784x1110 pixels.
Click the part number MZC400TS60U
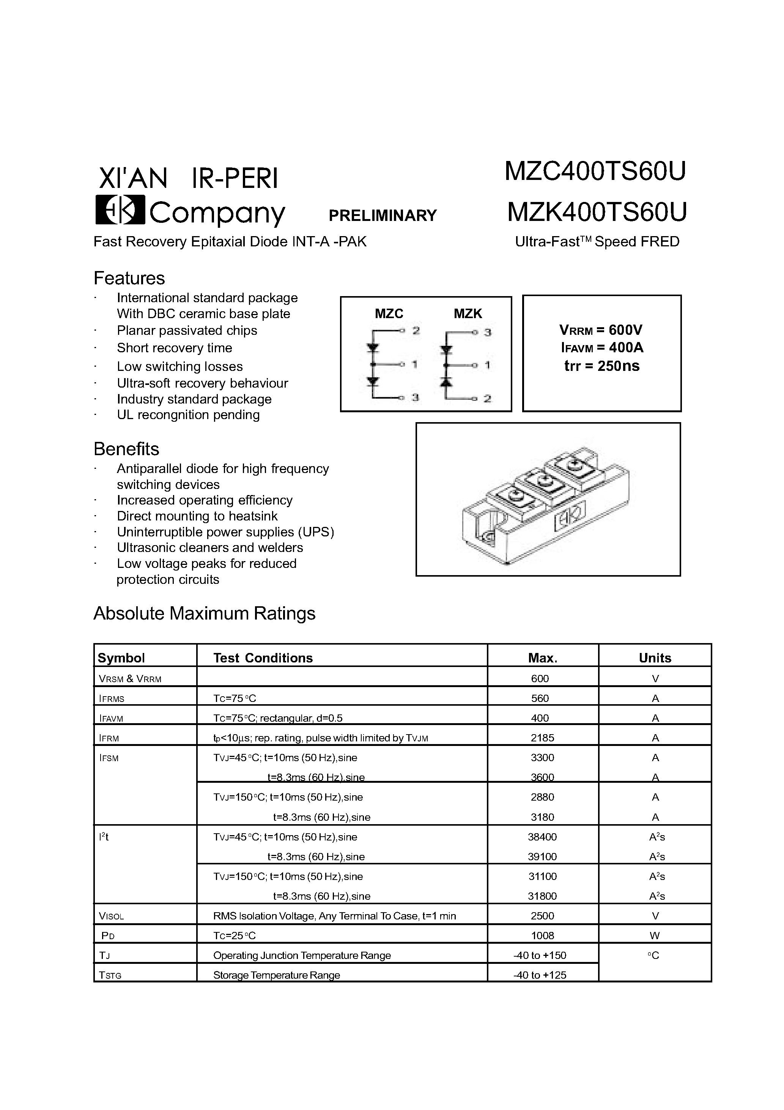click(595, 171)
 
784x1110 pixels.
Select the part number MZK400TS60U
click(597, 212)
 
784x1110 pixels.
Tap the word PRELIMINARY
click(383, 216)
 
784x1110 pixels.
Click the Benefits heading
click(126, 449)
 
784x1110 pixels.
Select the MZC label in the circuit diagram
click(389, 314)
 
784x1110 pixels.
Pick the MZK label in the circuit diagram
click(468, 314)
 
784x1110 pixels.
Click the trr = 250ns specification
click(602, 366)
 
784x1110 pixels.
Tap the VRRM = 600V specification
click(601, 330)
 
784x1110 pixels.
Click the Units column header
click(655, 658)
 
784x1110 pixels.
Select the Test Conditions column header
click(263, 658)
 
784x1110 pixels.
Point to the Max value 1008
click(542, 935)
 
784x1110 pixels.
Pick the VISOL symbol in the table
click(111, 916)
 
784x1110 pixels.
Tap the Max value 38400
click(542, 837)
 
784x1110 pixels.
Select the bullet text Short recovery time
click(175, 348)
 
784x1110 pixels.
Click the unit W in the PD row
click(655, 935)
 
